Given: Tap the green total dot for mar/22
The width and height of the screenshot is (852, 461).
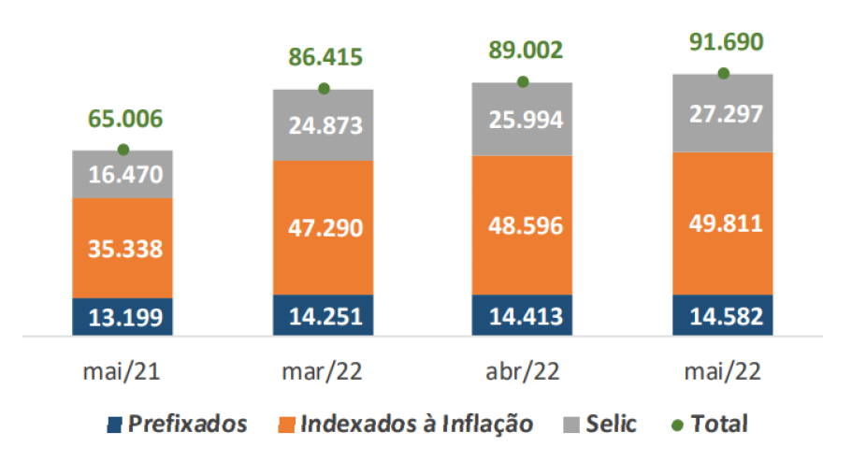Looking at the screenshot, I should click(x=324, y=89).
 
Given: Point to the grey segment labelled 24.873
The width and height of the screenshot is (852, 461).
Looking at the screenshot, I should click(x=324, y=124).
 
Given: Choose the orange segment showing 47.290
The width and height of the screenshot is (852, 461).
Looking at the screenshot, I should click(x=324, y=227).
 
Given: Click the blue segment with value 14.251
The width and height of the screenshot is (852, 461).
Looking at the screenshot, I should click(x=324, y=315).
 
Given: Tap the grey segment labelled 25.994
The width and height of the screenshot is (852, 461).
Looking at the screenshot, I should click(x=523, y=119).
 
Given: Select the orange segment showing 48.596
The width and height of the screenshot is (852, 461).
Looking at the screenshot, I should click(x=523, y=225).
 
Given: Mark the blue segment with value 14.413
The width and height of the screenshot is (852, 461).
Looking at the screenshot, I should click(x=523, y=315).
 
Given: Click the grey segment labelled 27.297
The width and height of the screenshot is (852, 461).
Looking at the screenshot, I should click(x=723, y=113).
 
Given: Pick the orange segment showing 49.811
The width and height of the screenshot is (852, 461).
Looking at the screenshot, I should click(x=723, y=223).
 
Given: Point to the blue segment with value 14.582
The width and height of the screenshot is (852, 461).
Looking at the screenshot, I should click(x=723, y=315).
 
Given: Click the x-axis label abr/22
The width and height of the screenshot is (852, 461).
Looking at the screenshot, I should click(x=524, y=371).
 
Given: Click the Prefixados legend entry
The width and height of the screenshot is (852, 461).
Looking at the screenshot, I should click(x=178, y=424).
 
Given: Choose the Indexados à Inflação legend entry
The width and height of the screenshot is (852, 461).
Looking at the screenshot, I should click(x=407, y=424).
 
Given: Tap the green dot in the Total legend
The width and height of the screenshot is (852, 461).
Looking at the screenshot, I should click(x=679, y=425).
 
